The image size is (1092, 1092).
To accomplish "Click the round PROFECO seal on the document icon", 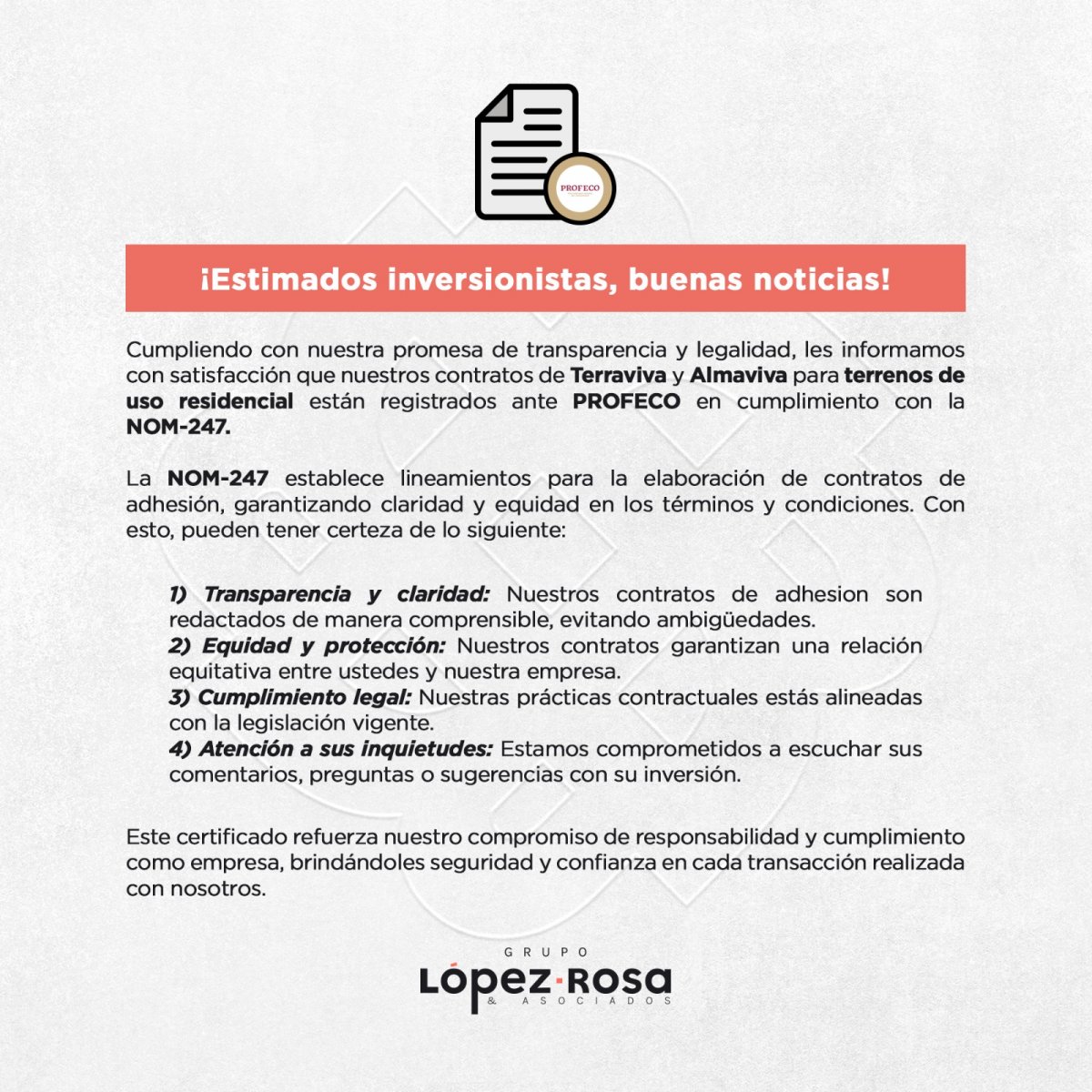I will click(580, 188).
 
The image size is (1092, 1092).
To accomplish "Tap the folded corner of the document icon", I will click(494, 104).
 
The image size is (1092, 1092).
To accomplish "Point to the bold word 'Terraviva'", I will click(618, 375).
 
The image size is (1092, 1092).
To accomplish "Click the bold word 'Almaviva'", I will click(738, 375).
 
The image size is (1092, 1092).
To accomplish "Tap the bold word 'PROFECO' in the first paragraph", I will click(626, 401).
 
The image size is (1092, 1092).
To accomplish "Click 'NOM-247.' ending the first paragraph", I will click(178, 427).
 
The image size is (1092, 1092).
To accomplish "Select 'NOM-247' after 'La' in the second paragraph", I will click(217, 479).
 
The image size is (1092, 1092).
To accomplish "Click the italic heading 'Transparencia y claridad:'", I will click(329, 594).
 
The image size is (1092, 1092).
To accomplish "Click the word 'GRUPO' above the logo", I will click(546, 952).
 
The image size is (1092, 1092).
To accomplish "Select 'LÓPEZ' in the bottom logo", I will click(485, 983).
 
